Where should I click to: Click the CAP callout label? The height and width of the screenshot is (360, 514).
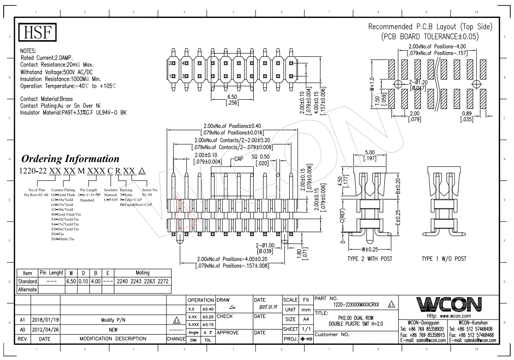tap(239, 158)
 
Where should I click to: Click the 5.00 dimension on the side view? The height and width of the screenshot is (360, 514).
tap(370, 153)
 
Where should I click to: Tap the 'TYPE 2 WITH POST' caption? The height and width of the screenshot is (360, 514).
tap(371, 258)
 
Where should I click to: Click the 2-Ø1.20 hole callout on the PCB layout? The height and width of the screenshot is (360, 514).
tap(417, 81)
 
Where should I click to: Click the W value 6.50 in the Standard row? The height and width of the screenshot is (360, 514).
tap(72, 281)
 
